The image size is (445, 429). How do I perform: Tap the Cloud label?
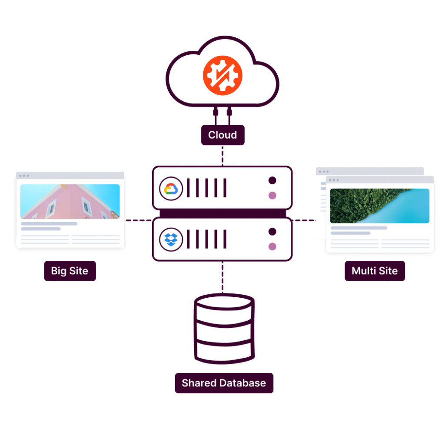(x=222, y=135)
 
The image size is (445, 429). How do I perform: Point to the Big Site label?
(x=70, y=271)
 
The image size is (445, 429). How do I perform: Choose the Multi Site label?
(x=375, y=271)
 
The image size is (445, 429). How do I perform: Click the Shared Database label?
(x=224, y=383)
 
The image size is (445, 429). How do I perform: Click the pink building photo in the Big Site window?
(x=70, y=202)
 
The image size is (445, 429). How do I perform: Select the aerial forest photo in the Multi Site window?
(x=379, y=206)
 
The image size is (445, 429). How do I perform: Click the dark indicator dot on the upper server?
(x=272, y=180)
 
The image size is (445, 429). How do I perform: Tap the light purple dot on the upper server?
(x=272, y=196)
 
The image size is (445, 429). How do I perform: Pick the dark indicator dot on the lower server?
(x=272, y=232)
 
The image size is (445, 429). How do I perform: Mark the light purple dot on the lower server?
(x=272, y=247)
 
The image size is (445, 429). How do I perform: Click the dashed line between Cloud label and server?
(x=222, y=156)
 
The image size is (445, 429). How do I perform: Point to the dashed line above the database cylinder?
(x=222, y=277)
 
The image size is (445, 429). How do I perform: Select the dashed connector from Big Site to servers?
(x=138, y=220)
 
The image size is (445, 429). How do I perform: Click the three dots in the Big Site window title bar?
(x=24, y=176)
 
